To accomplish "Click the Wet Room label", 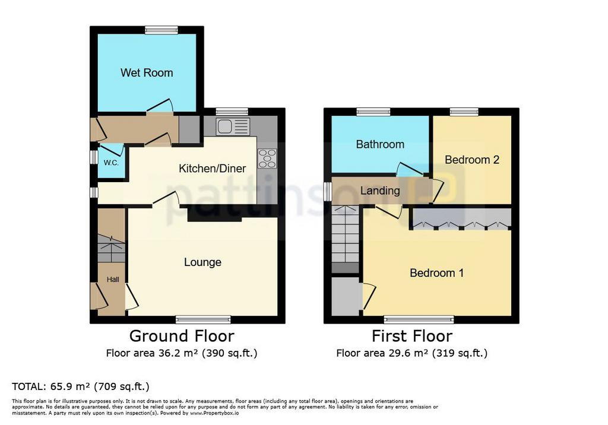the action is pos(147,72).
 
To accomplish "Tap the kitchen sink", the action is pos(233,126).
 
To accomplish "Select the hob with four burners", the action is pos(267,158).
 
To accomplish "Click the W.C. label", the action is pos(111,163).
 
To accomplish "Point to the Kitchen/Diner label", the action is pos(212,169).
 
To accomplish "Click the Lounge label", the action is pos(202,262).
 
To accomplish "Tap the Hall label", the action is pos(113,279).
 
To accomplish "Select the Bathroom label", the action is pos(380,144).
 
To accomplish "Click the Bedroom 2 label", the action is pos(472,160).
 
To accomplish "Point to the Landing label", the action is pos(380,191).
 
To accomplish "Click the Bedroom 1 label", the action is pos(436,272).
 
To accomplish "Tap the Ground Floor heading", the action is pos(182,336).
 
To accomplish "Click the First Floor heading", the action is pos(412,336).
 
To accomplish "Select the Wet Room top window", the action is pos(161,30).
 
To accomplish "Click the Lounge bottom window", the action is pos(203,319).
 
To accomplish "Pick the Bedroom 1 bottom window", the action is pos(419,319).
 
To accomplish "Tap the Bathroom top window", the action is pos(374,112).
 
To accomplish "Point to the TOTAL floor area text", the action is pos(81,386).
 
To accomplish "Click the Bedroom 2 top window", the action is pos(464,112).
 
